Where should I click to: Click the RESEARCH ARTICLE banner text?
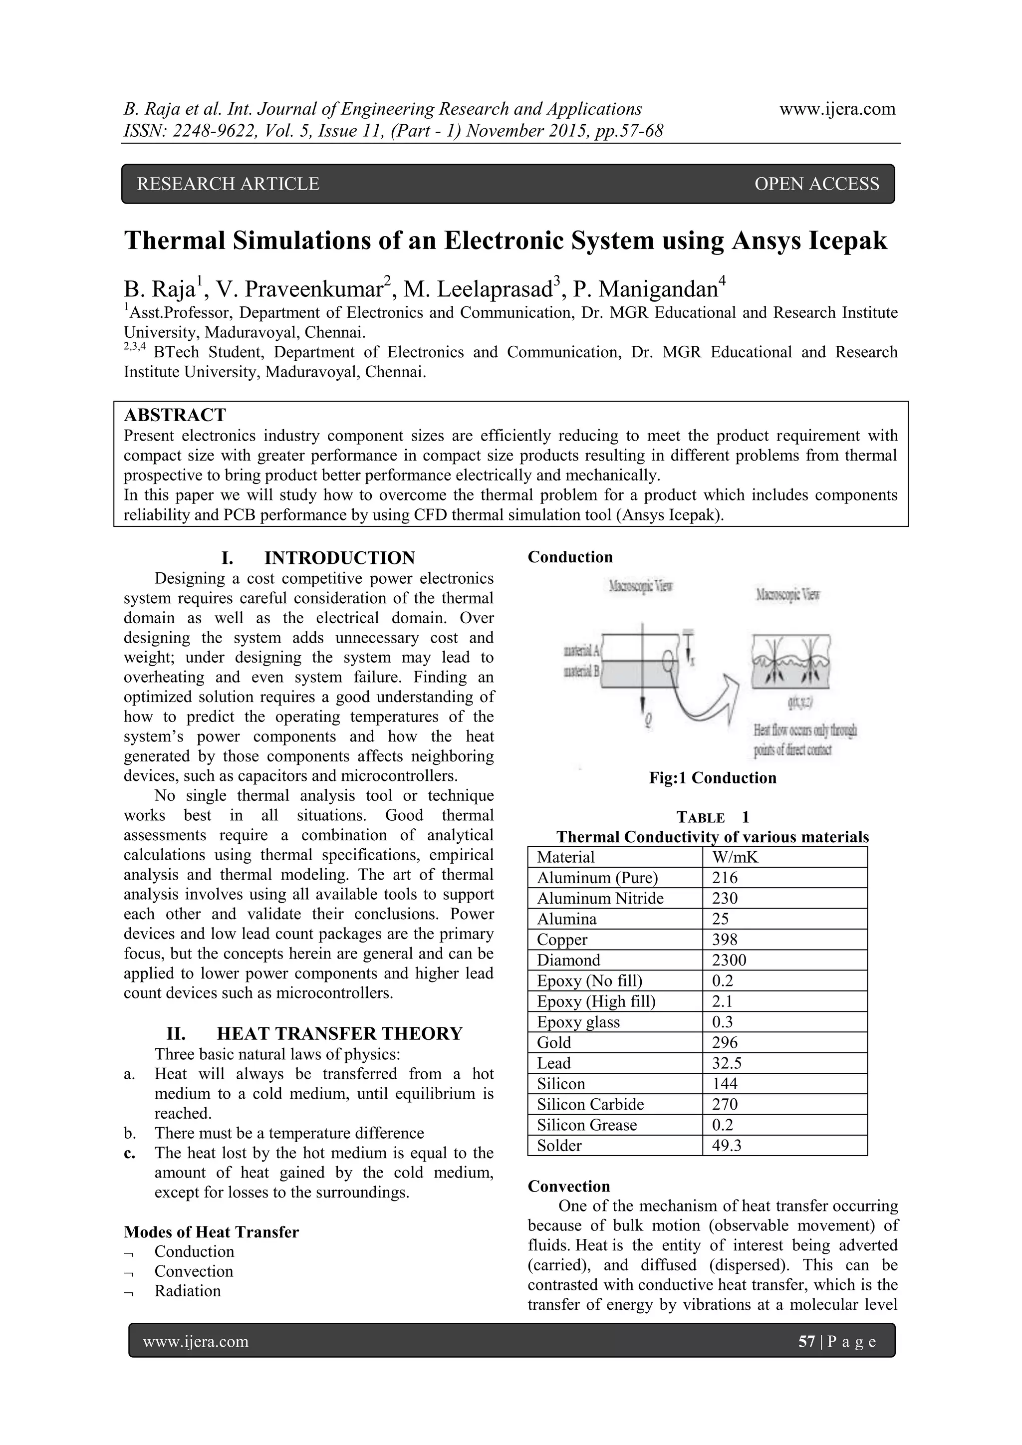click(228, 184)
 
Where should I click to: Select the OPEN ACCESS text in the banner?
click(816, 184)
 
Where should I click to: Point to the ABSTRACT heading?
click(175, 415)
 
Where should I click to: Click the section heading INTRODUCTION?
click(339, 558)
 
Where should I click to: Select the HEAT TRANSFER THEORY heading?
click(339, 1033)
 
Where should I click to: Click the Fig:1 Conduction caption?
click(713, 778)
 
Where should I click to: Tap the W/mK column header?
click(735, 857)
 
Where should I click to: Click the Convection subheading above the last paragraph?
click(568, 1187)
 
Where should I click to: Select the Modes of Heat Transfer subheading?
click(211, 1232)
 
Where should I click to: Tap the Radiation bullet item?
click(188, 1291)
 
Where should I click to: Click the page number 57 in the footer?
click(806, 1342)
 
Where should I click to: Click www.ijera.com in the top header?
click(837, 109)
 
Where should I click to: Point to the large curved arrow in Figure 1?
click(705, 702)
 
